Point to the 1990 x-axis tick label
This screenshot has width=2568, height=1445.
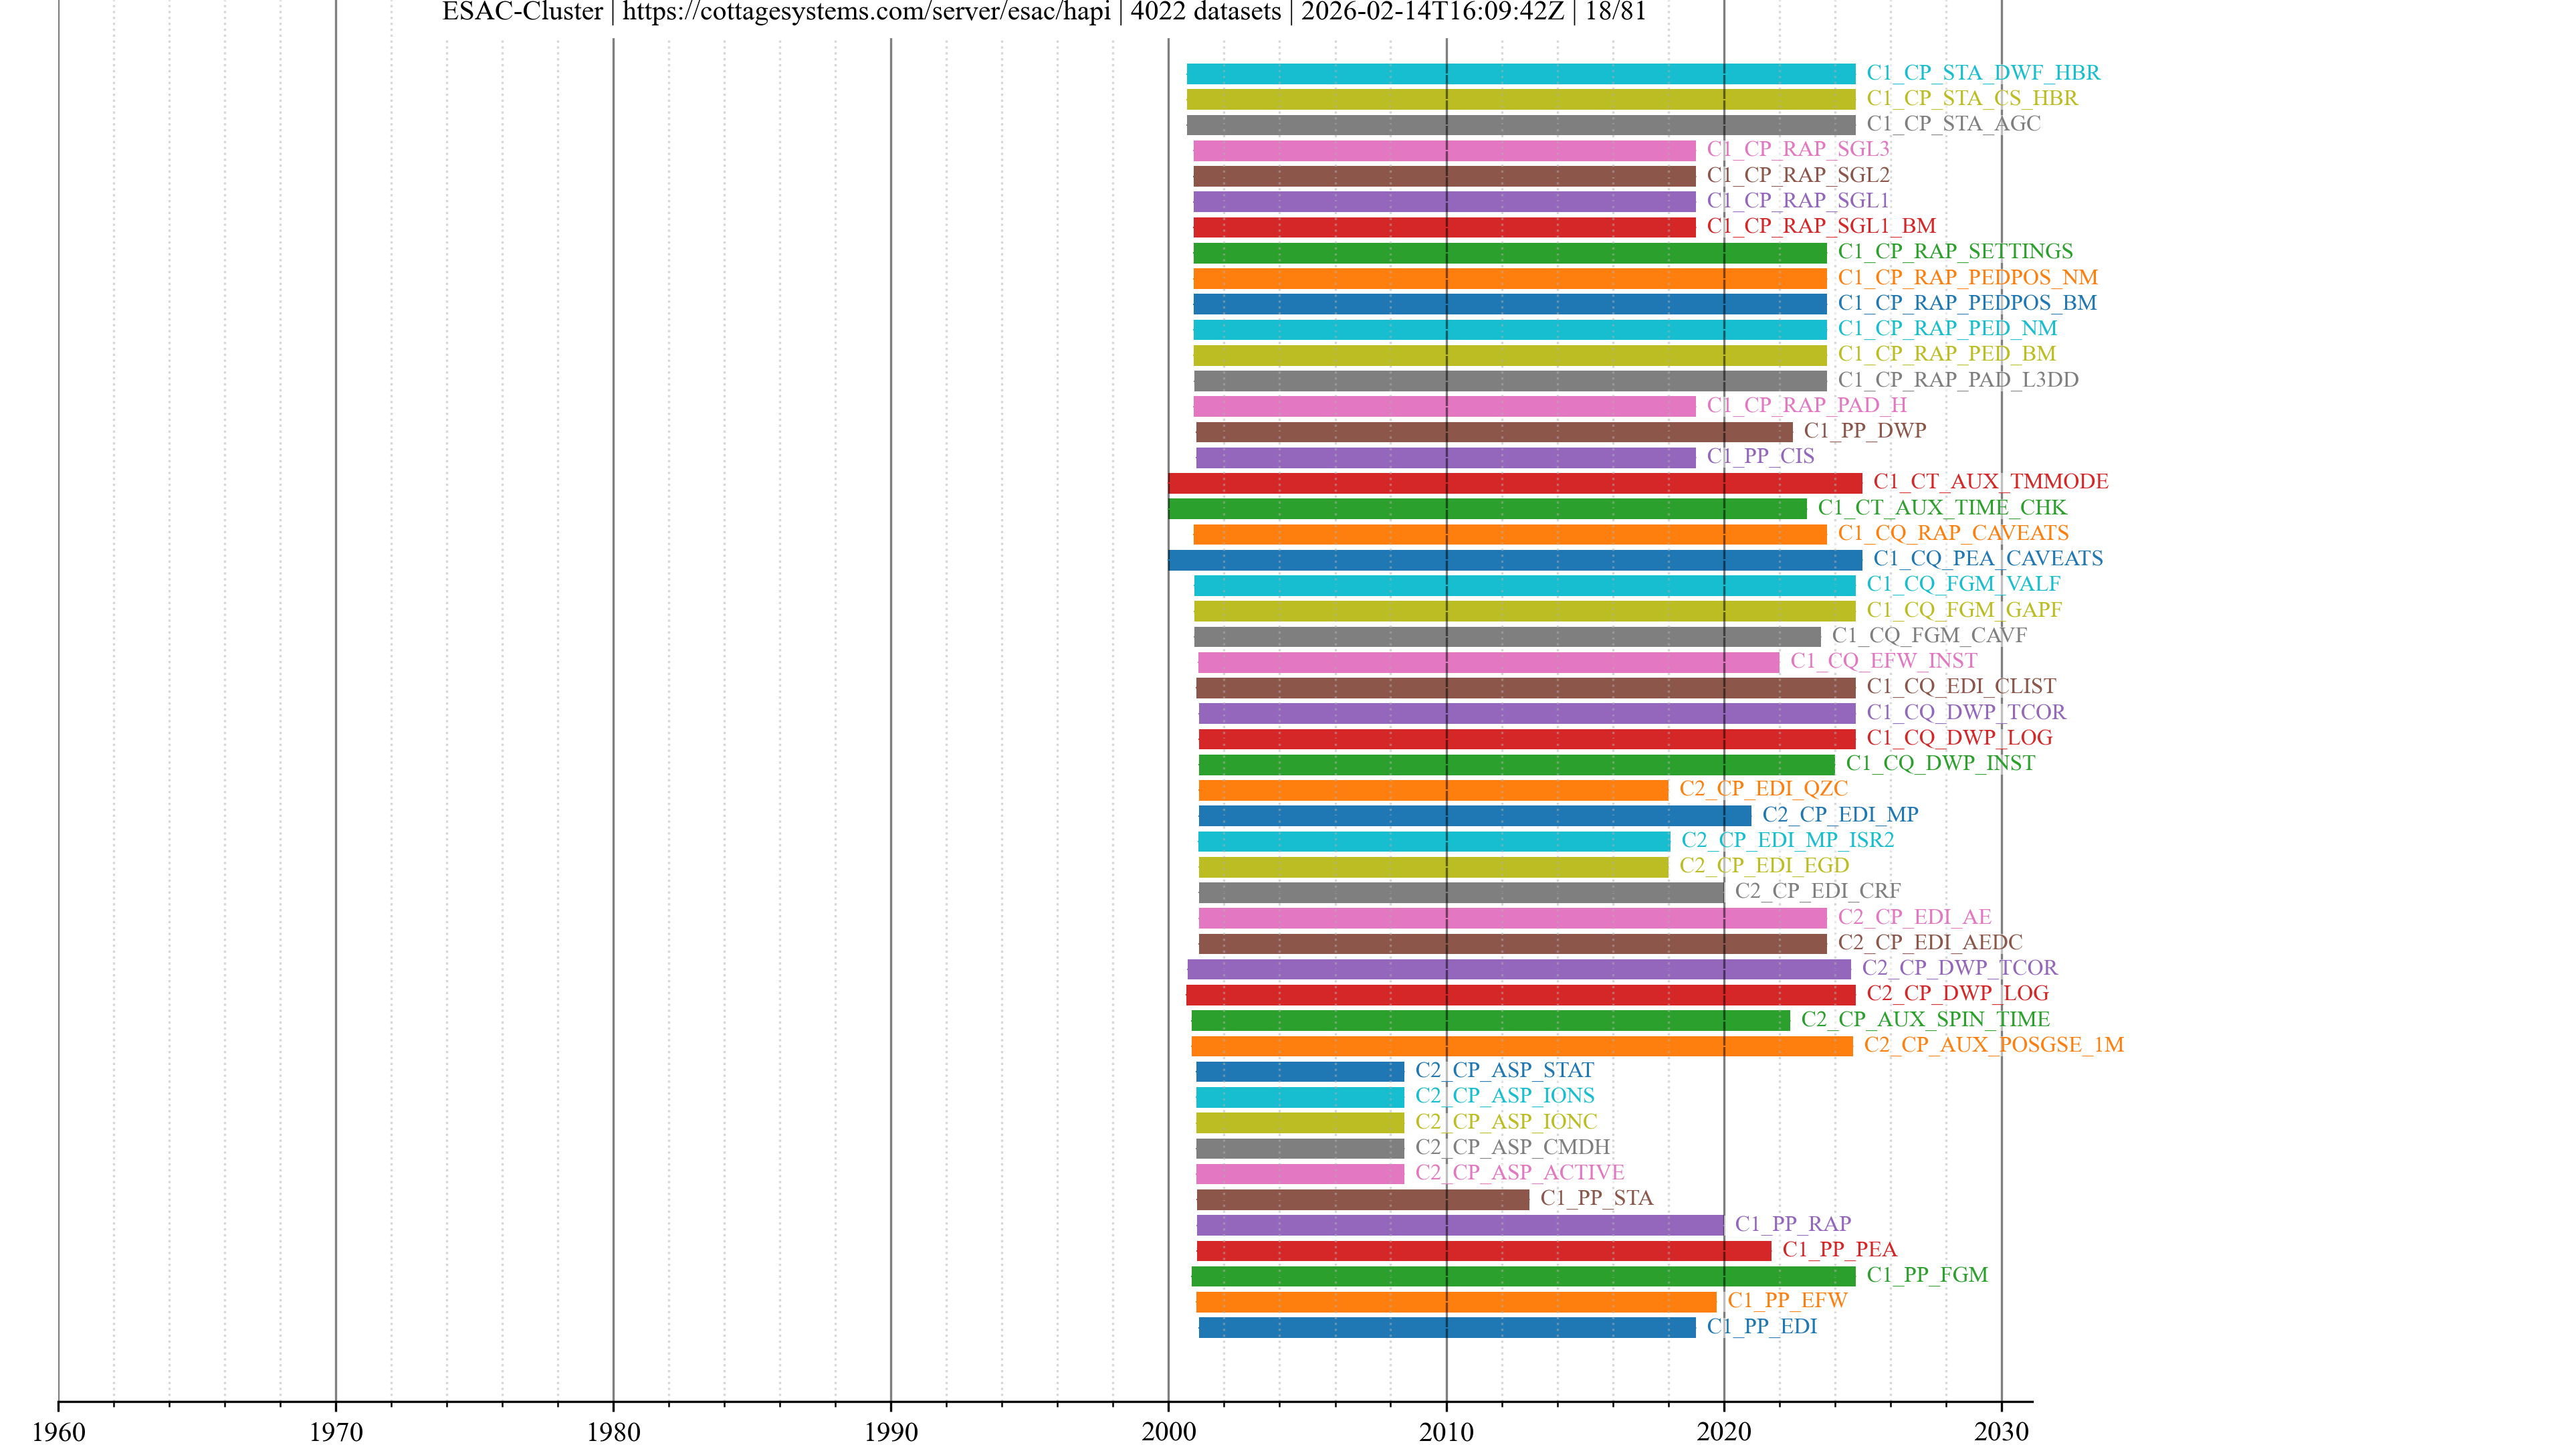890,1431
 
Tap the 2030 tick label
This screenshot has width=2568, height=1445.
2001,1431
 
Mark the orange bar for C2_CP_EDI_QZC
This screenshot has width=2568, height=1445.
1432,790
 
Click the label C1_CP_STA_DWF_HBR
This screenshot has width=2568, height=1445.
1983,73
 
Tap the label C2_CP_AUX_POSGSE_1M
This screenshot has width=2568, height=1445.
1993,1045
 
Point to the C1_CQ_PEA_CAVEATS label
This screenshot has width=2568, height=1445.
1987,559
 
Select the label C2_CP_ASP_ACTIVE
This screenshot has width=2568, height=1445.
1519,1173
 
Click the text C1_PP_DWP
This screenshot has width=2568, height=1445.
1864,431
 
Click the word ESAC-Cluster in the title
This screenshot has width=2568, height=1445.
522,12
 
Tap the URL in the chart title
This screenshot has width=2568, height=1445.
866,12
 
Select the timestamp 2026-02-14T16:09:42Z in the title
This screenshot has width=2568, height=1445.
1432,12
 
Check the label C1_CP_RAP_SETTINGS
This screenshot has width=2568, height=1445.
1955,252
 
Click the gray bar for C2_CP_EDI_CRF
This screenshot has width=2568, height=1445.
1461,892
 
